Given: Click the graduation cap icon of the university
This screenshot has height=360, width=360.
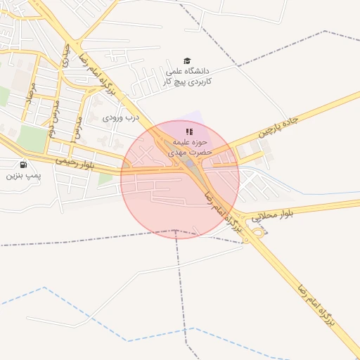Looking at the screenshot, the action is pyautogui.click(x=187, y=61).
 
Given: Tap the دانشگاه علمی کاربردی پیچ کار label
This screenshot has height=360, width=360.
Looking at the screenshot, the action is pyautogui.click(x=189, y=77).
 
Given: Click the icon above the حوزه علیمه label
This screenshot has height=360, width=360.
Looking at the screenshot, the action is pyautogui.click(x=188, y=131).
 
